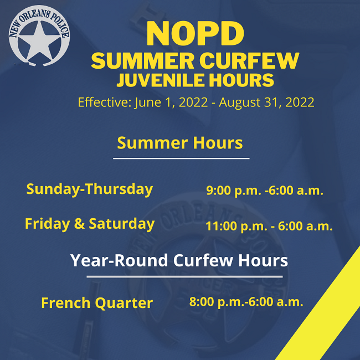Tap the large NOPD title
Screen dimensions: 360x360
196,33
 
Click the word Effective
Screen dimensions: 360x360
104,102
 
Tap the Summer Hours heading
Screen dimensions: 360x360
180,143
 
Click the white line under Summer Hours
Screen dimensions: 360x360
181,158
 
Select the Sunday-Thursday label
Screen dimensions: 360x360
90,189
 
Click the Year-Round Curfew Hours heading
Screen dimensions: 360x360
179,260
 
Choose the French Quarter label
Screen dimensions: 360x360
97,303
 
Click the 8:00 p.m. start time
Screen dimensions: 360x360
212,302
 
